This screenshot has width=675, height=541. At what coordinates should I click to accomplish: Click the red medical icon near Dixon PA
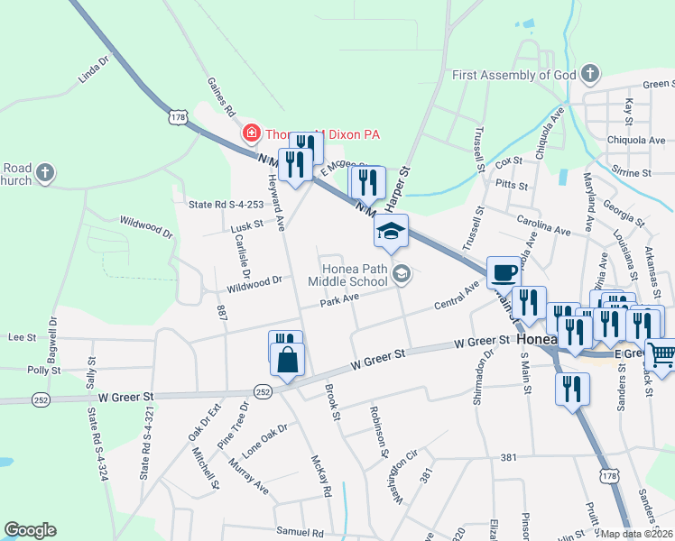point(252,134)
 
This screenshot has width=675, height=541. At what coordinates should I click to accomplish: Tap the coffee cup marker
point(504,271)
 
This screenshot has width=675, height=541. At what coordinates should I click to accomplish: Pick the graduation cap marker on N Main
point(392,232)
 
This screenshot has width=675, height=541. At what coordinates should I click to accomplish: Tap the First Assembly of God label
point(513,74)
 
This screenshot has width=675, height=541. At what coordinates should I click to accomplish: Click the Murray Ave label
point(248,475)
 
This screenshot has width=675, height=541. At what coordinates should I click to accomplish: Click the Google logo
point(30,530)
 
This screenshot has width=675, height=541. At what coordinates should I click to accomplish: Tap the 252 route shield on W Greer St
point(263,391)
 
